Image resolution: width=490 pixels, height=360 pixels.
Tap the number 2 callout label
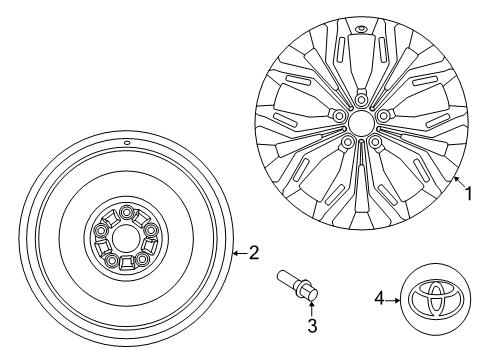(x=254, y=253)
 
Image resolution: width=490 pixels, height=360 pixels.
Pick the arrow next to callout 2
(x=239, y=253)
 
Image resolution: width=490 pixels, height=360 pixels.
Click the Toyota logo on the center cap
(x=431, y=298)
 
